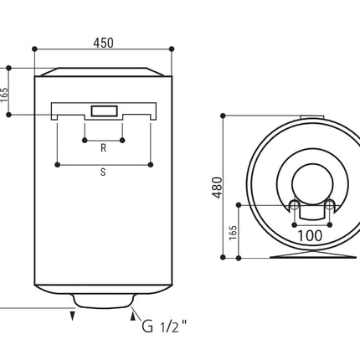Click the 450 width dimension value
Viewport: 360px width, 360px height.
[x=103, y=43]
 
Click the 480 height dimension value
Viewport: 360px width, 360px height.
[x=218, y=188]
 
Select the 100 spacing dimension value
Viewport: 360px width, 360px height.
[x=310, y=236]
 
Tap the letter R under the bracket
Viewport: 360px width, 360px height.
[x=103, y=148]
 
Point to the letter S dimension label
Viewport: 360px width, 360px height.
[x=103, y=172]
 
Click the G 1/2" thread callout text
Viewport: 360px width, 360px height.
[x=164, y=326]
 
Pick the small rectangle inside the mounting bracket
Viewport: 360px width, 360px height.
[x=104, y=111]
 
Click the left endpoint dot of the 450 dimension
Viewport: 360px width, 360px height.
[x=34, y=49]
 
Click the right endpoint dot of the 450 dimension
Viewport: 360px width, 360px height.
[x=172, y=49]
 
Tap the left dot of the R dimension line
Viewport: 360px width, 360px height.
[x=85, y=141]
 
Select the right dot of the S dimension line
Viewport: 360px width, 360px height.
[x=151, y=165]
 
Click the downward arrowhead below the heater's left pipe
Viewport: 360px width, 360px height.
[x=73, y=316]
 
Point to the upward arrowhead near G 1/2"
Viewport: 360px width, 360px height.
[x=133, y=316]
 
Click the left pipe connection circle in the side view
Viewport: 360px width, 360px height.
[x=294, y=205]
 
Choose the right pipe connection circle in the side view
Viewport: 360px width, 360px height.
[x=330, y=205]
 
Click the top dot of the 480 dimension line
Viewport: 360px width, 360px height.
[x=223, y=116]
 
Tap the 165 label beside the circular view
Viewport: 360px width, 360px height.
[x=233, y=233]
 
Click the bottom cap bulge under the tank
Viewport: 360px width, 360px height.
[x=103, y=301]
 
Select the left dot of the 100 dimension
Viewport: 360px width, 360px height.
[x=294, y=224]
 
